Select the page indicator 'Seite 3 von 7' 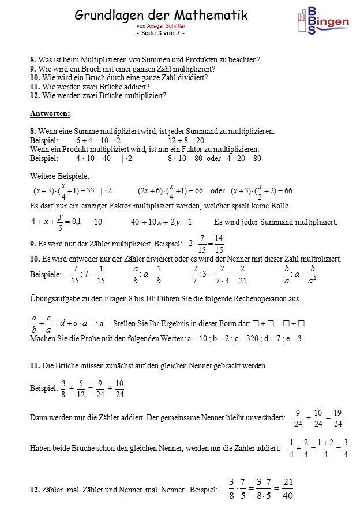[x=161, y=33]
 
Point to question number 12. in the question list [x=34, y=95]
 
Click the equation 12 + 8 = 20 [x=186, y=140]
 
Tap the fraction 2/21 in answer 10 [x=243, y=275]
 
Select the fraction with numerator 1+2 [x=325, y=448]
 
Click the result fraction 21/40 [x=288, y=488]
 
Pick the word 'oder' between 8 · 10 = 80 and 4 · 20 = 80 [x=213, y=158]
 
